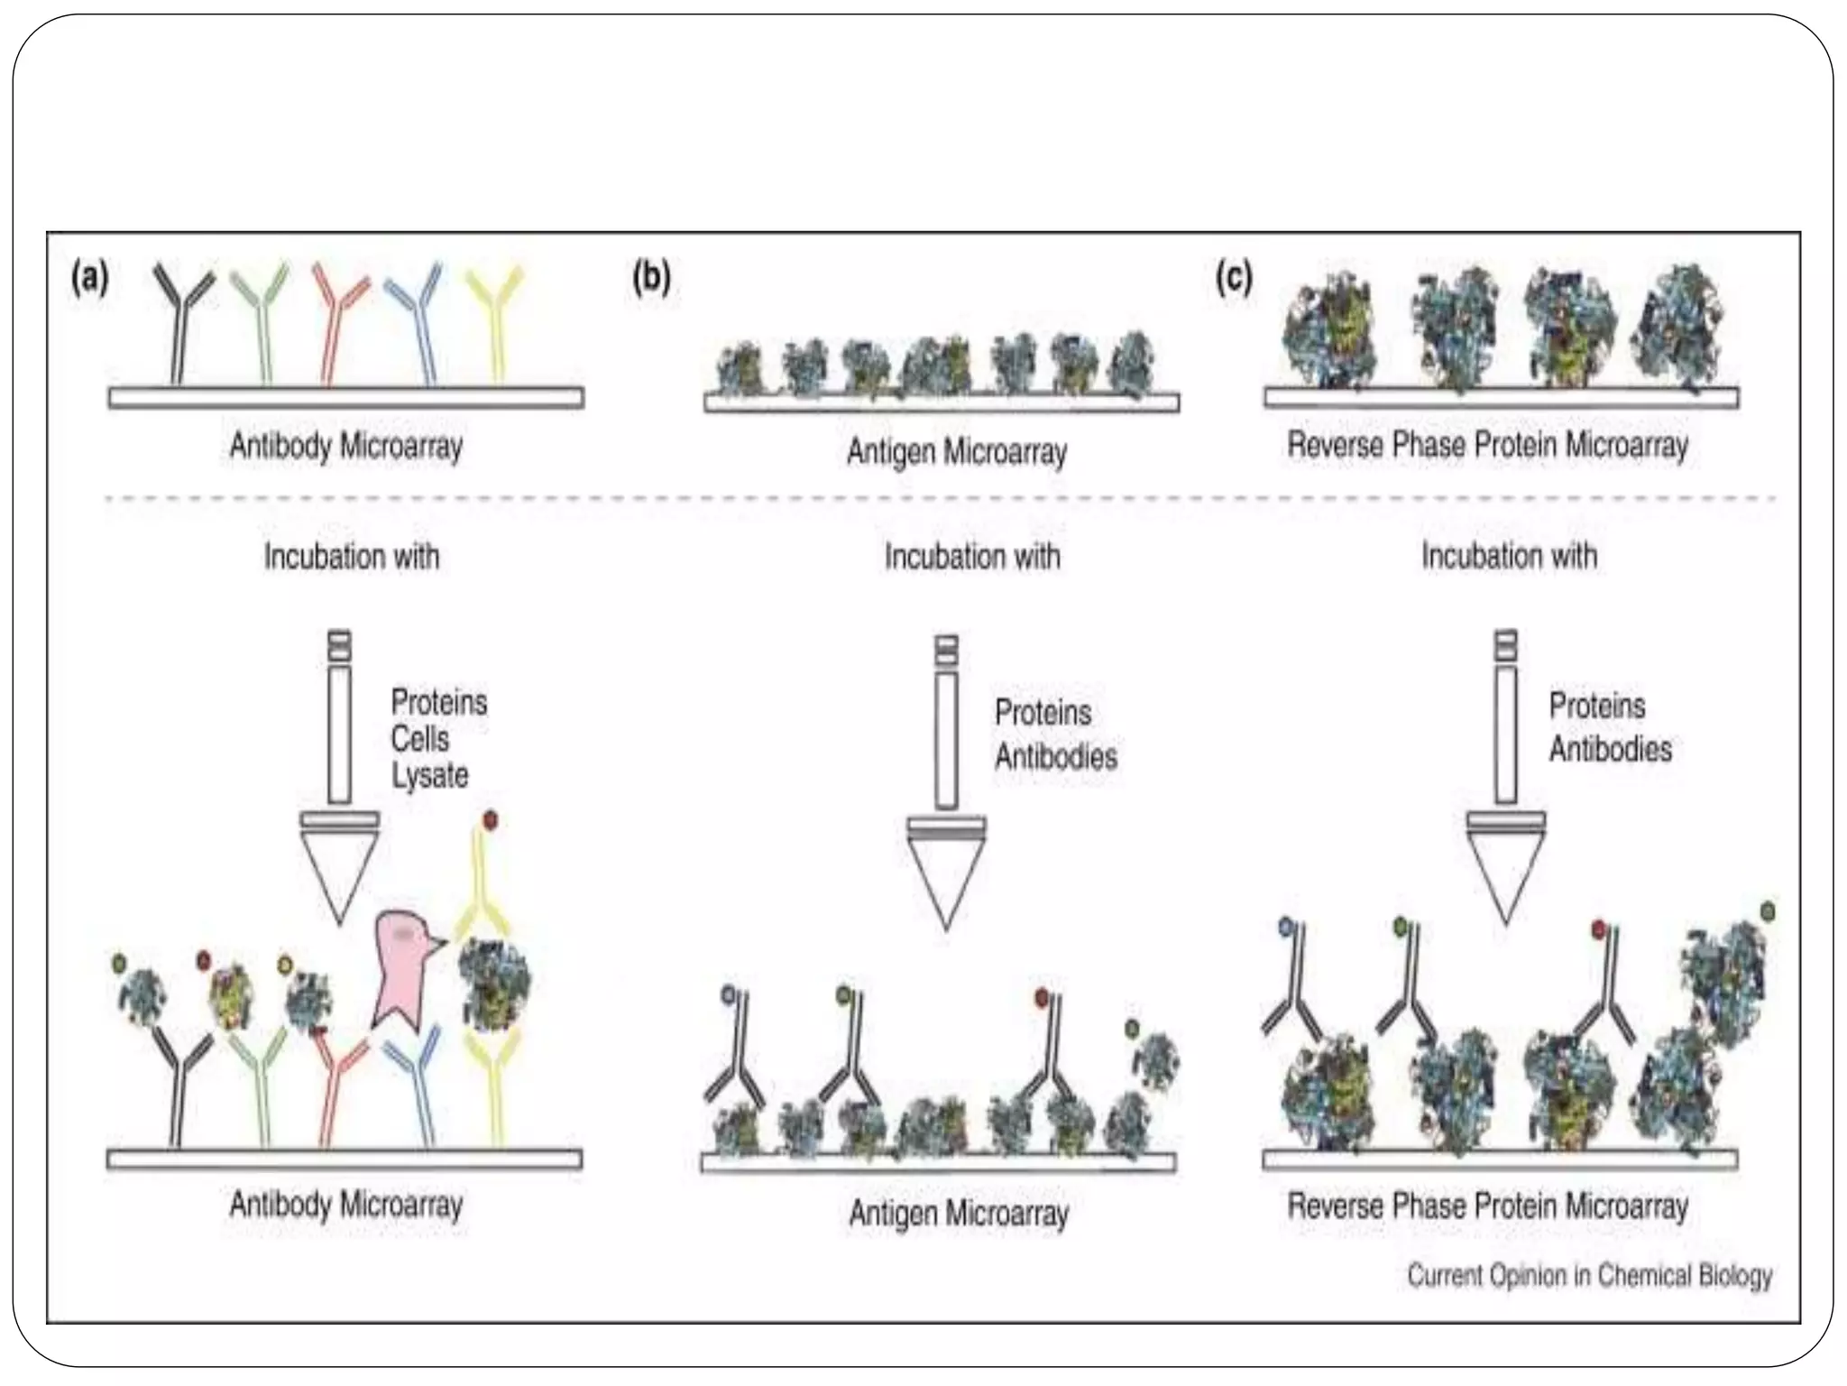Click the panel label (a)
tap(90, 278)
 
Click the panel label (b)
tap(651, 278)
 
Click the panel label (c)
tap(1234, 278)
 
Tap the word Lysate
tap(430, 775)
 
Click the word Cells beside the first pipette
tap(419, 739)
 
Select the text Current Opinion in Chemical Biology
tap(1589, 1275)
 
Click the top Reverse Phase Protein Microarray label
tap(1487, 445)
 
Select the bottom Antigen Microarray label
tap(959, 1214)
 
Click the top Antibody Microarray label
tap(346, 446)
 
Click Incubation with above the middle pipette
tap(972, 557)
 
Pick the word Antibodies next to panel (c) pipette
tap(1610, 749)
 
